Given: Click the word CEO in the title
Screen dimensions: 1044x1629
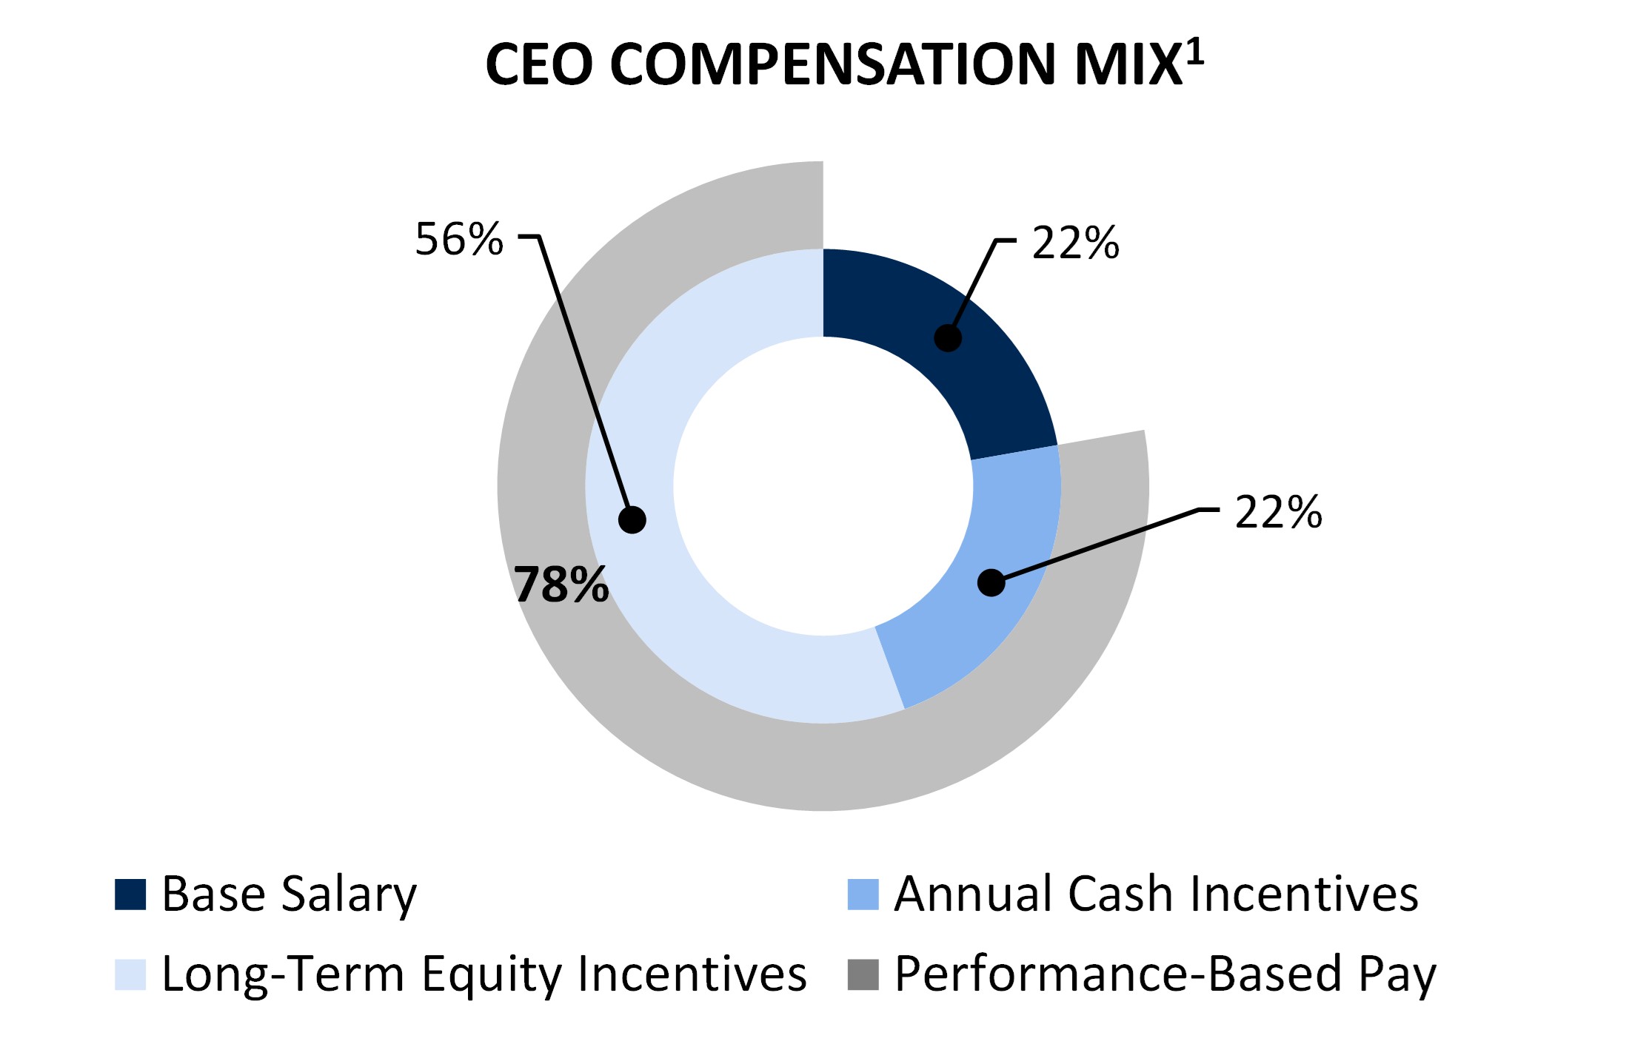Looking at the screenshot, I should tap(539, 64).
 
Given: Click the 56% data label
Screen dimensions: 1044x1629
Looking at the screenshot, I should tap(459, 239).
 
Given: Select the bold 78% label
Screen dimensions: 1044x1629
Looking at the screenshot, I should tap(561, 585).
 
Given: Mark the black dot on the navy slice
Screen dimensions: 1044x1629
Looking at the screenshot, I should tap(948, 338).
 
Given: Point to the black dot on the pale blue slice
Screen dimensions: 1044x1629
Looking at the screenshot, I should tap(632, 519).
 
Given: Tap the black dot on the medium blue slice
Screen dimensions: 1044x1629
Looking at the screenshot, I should tap(991, 582).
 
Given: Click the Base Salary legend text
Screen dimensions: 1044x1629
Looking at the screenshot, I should tap(289, 894).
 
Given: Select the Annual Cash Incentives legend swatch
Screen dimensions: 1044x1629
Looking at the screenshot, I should tap(863, 894).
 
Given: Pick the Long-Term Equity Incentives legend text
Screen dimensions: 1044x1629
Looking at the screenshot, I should tap(484, 974).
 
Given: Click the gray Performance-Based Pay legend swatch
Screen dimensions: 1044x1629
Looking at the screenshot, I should tap(863, 974).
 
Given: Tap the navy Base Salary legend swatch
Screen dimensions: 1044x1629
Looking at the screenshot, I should tap(130, 894).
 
